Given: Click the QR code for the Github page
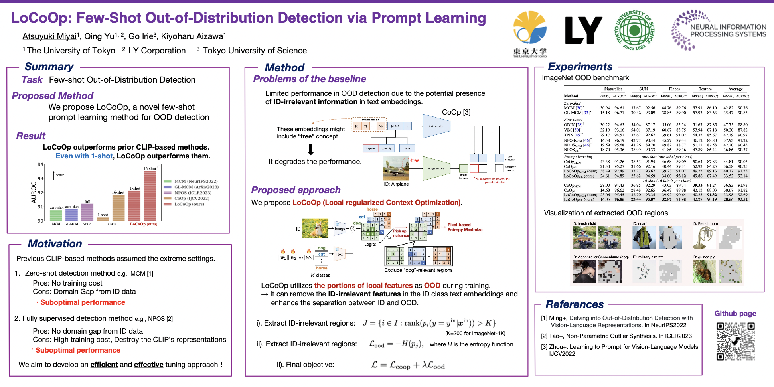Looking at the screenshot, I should (x=735, y=341).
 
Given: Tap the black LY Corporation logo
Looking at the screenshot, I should (x=583, y=30).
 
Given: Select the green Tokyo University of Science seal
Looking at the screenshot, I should (x=634, y=30).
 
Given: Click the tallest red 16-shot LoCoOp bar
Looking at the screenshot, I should (x=150, y=195).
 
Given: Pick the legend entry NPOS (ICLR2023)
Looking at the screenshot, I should (x=193, y=193).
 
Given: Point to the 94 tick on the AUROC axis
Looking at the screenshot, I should (x=40, y=164).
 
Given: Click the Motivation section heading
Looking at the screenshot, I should (x=55, y=244).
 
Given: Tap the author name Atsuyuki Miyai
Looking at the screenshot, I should (x=49, y=36).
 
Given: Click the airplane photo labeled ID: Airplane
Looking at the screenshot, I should (x=396, y=169).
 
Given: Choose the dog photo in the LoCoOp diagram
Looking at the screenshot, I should (x=315, y=228).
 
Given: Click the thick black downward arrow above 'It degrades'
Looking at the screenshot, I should (x=311, y=150).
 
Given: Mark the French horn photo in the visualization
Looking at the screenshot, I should (x=703, y=238).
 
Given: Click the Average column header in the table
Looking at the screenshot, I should (x=735, y=89).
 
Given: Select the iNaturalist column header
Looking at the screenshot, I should (x=612, y=89).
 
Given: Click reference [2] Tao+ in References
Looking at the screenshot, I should (x=616, y=336).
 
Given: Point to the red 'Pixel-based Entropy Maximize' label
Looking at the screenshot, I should (x=465, y=227).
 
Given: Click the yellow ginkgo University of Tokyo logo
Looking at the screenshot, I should (x=530, y=28).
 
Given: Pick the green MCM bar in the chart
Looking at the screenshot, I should (x=56, y=215).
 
